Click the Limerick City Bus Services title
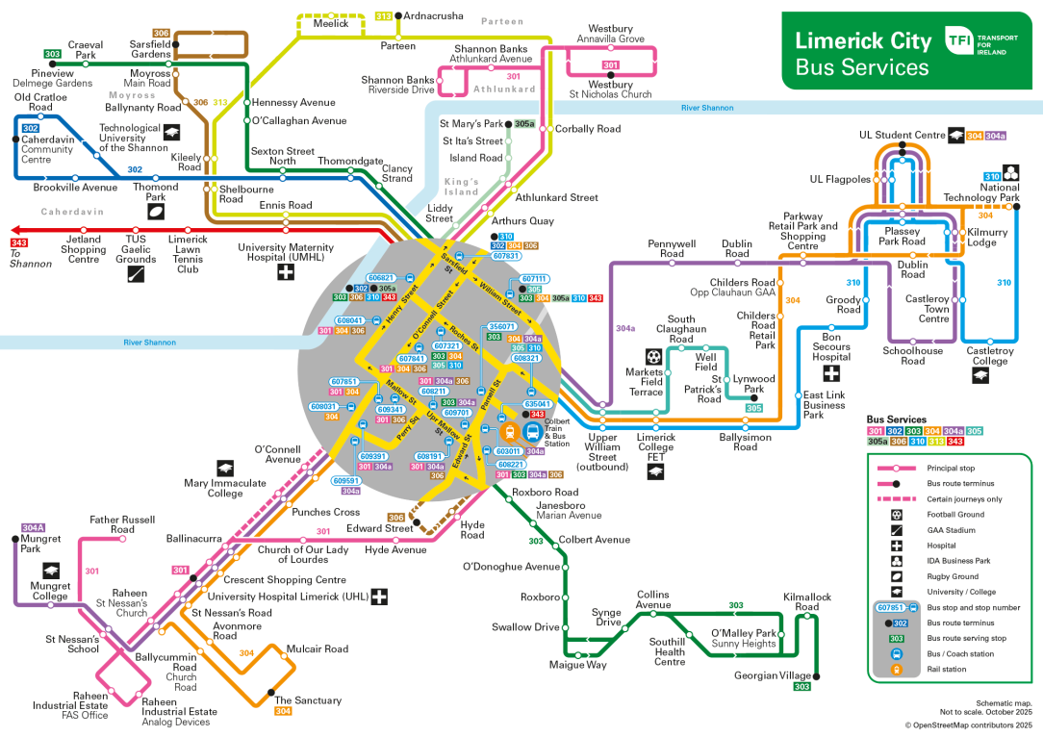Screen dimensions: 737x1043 point(862,54)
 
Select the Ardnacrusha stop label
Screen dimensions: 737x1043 point(433,16)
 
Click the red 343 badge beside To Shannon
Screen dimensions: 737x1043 point(19,241)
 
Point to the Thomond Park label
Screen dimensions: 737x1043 point(155,192)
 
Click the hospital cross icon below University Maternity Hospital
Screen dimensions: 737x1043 point(286,273)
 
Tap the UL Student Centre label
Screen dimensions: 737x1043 point(902,136)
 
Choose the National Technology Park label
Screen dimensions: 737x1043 point(981,192)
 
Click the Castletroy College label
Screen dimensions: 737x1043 point(990,356)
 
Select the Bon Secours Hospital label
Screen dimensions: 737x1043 point(831,346)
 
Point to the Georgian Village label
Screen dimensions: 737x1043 point(773,675)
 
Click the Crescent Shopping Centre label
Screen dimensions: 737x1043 point(284,580)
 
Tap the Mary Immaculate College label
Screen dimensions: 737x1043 point(225,489)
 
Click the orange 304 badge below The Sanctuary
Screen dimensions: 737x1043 point(283,712)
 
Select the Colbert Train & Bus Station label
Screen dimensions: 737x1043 point(557,432)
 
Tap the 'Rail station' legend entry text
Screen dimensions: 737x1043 point(947,670)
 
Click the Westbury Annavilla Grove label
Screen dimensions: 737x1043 point(610,34)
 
